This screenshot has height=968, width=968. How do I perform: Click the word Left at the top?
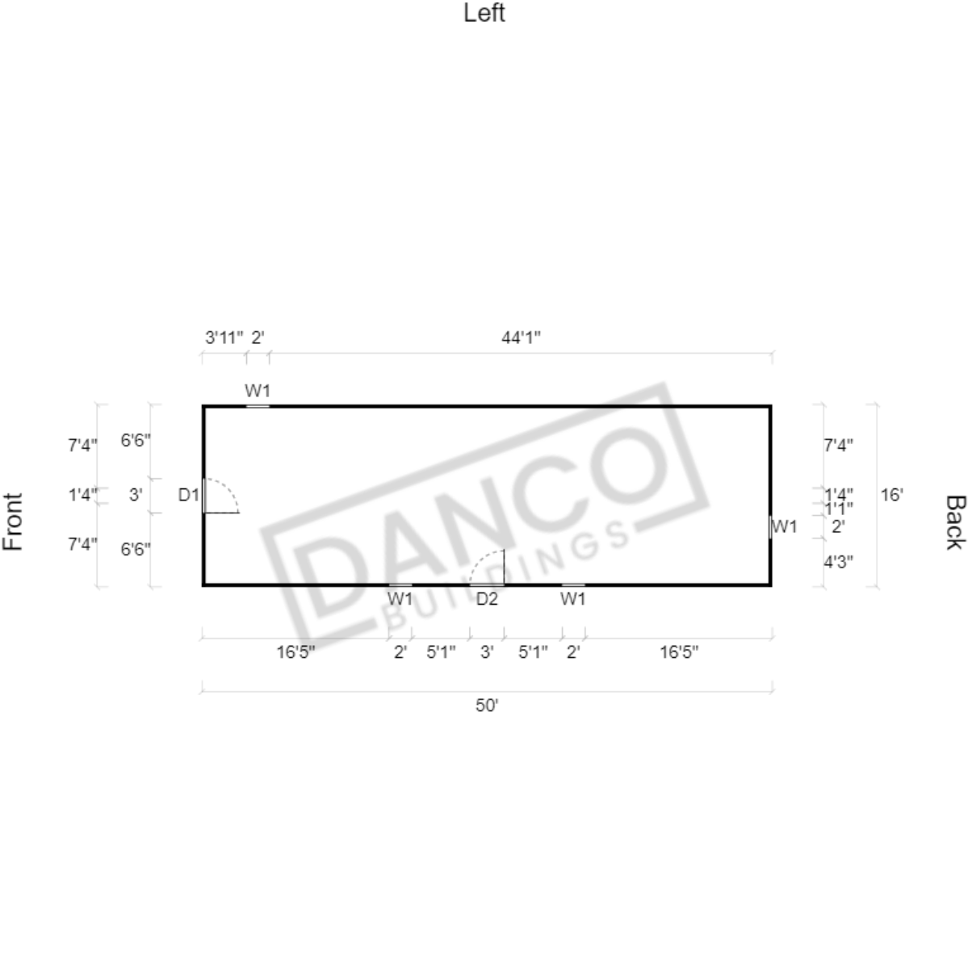pyautogui.click(x=484, y=13)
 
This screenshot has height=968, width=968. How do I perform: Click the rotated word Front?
pyautogui.click(x=13, y=522)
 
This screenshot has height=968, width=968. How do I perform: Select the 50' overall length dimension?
pyautogui.click(x=487, y=705)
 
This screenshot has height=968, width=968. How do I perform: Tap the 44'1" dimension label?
pyautogui.click(x=521, y=337)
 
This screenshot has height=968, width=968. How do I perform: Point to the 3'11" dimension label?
pyautogui.click(x=224, y=337)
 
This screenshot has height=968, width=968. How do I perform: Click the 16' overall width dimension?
pyautogui.click(x=891, y=494)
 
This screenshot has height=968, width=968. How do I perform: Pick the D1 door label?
pyautogui.click(x=189, y=494)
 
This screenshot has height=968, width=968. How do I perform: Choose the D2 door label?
pyautogui.click(x=487, y=599)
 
